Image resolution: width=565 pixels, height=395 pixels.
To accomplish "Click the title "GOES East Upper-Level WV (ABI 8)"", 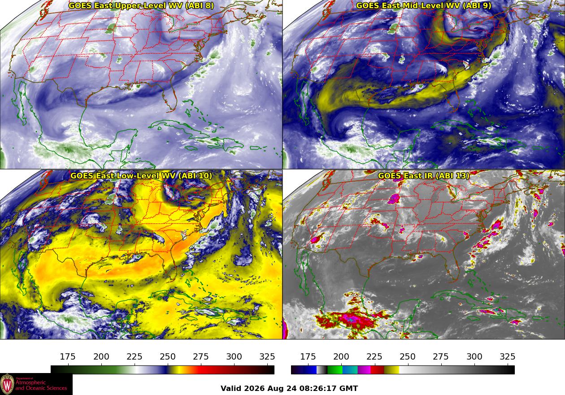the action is click(141, 6).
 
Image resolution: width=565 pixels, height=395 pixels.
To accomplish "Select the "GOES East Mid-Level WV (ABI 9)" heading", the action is click(423, 6).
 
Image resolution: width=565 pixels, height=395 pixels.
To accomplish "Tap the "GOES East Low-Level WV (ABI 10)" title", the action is click(141, 176).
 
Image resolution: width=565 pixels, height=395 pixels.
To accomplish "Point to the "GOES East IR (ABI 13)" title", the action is click(423, 176).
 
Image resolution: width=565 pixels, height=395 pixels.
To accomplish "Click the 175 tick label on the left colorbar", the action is click(68, 356).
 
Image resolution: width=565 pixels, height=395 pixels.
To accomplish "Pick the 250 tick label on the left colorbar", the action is click(168, 356).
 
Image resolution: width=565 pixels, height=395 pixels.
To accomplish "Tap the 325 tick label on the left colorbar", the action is click(267, 356).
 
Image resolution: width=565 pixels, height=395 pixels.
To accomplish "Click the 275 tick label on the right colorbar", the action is click(441, 356).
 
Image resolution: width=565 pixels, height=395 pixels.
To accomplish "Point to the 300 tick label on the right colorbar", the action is click(474, 356).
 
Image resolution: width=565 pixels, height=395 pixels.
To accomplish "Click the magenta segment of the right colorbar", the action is click(364, 370).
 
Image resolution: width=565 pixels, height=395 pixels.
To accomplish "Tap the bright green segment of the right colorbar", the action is click(335, 370).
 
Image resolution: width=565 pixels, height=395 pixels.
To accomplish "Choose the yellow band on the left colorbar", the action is click(175, 370).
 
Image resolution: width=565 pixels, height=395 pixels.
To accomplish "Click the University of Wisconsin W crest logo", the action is click(7, 384).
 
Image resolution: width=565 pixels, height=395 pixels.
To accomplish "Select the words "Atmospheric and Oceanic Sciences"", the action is click(41, 385).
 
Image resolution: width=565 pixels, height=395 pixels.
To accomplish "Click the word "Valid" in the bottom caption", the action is click(230, 388).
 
